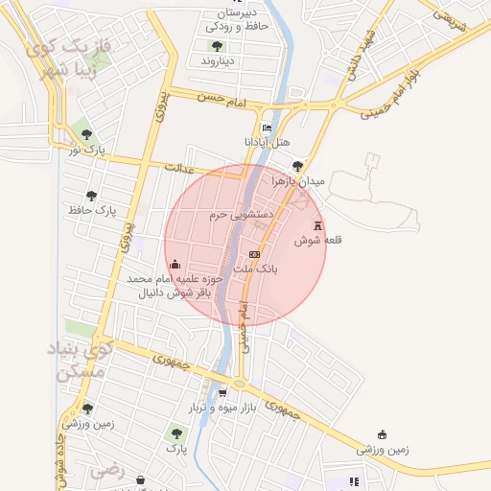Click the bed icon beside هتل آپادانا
coord(267,129)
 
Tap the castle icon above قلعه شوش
coord(317,222)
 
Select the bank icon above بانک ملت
coord(254,254)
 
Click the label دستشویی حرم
coord(243,215)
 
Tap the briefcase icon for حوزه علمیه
coord(175,264)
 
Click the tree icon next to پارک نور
coord(87,134)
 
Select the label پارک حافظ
coord(92,208)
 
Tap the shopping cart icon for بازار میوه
coord(222,392)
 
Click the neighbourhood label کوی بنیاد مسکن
coord(81,362)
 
